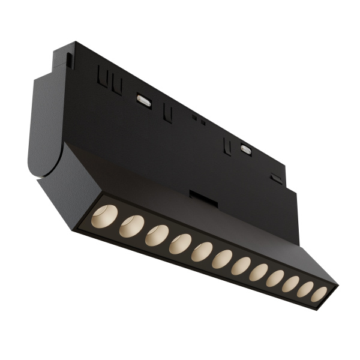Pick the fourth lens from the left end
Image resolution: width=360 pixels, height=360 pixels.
(x=180, y=243)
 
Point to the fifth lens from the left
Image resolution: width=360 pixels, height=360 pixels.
(x=202, y=251)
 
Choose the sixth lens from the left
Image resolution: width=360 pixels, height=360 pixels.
(x=222, y=259)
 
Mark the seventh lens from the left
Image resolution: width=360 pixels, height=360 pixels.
(x=241, y=266)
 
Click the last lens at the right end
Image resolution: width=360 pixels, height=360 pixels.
(x=319, y=294)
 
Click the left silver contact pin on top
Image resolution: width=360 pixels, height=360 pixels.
(x=144, y=100)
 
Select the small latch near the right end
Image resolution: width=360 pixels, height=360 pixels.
(x=276, y=178)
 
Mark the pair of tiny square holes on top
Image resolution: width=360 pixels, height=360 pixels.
(x=199, y=120)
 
